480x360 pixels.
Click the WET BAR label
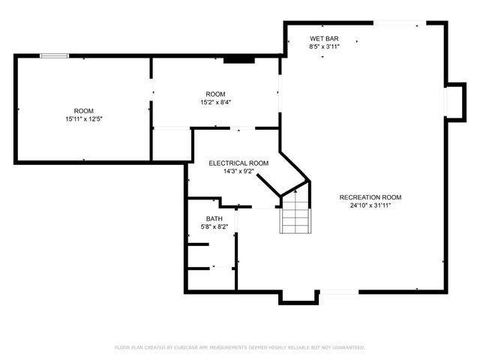pos(324,38)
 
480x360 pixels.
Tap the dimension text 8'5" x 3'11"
pos(324,46)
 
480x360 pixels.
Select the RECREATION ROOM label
pos(365,197)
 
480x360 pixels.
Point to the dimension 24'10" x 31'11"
pos(365,205)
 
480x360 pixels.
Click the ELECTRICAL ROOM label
pos(238,163)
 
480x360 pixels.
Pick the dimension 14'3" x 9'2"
pos(238,171)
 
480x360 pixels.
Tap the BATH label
pos(214,218)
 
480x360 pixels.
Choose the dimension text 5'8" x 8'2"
pos(214,226)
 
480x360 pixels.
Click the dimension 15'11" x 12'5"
pos(83,118)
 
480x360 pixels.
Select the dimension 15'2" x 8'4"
pos(215,102)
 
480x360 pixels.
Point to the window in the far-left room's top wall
pos(55,55)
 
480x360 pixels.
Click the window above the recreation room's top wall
pos(395,23)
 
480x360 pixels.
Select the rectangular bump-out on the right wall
pos(454,100)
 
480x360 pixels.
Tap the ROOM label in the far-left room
pos(83,110)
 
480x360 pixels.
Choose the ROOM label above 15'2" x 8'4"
pos(215,94)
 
